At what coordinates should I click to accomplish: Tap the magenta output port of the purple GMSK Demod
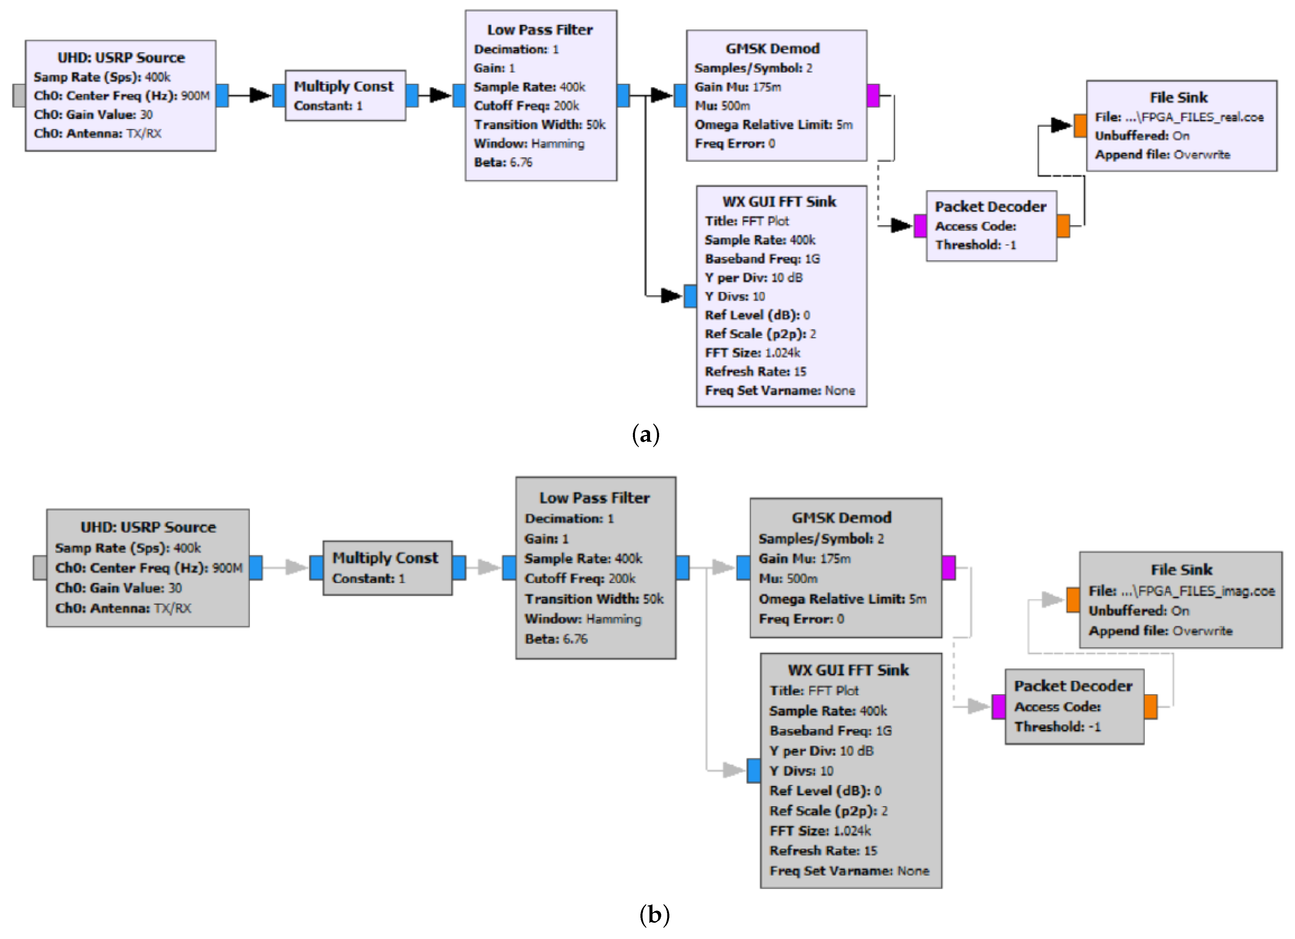coord(873,95)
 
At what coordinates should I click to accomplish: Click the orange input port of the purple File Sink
coord(1080,126)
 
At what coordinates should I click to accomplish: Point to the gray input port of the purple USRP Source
coord(19,95)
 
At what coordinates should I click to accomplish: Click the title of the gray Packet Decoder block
coord(1073,686)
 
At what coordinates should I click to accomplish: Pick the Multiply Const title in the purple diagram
coord(344,86)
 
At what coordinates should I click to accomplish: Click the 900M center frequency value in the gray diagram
coord(227,568)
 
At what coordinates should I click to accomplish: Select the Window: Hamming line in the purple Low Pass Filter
coord(529,143)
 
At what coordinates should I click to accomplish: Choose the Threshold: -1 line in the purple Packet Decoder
coord(975,245)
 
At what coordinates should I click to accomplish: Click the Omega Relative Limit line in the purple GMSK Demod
coord(773,125)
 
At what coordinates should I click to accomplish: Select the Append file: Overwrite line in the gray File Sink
coord(1160,631)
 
